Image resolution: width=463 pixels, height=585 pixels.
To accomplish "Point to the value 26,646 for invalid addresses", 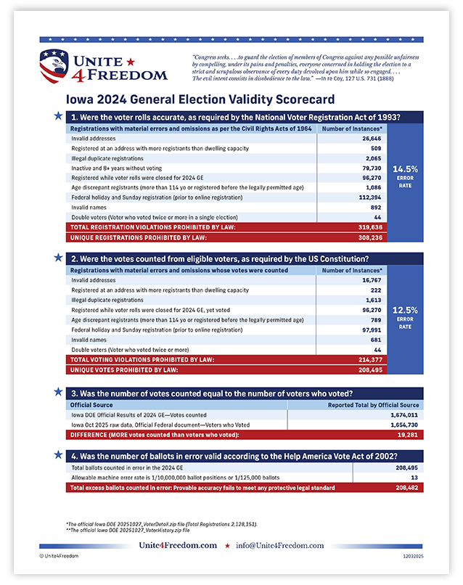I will point(372,138).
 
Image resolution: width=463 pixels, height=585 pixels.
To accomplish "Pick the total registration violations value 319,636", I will point(370,226).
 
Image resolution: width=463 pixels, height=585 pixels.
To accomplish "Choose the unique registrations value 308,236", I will point(370,237).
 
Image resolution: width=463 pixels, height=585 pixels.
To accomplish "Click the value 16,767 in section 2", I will point(372,279).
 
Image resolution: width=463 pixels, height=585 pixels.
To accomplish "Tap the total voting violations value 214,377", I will point(370,359).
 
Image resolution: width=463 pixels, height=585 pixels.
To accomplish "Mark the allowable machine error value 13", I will point(413,478).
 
